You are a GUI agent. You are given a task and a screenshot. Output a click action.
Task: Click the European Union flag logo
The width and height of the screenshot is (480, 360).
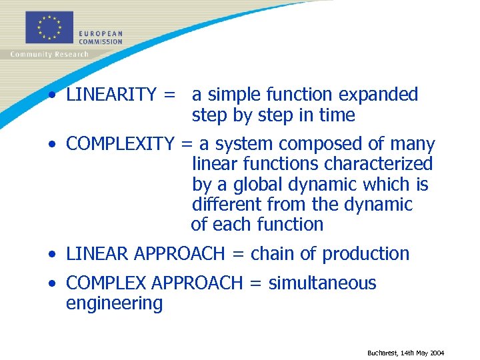point(49,28)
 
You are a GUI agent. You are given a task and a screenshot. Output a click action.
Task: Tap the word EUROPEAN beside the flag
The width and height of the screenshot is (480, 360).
point(100,33)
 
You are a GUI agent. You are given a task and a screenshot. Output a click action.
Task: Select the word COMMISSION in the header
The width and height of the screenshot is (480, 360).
point(100,41)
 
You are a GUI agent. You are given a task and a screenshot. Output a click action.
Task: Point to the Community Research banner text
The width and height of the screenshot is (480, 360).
point(49,55)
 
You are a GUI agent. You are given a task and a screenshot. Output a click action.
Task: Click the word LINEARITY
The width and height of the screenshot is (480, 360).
point(111,95)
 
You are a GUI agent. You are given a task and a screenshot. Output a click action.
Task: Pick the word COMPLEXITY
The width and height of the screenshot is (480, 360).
point(120,144)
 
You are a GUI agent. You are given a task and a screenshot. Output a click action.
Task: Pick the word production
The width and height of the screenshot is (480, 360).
point(366,254)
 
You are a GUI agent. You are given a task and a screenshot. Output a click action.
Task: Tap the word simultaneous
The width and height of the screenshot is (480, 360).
point(322,283)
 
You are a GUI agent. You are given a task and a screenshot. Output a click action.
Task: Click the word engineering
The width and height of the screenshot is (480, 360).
point(114,304)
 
